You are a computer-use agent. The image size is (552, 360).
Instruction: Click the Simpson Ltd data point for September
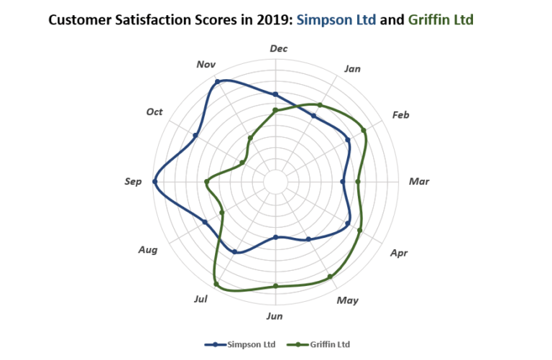point(155,182)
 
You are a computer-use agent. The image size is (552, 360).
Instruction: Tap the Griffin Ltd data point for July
point(216,285)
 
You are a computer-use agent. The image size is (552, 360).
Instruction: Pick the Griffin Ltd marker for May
point(330,277)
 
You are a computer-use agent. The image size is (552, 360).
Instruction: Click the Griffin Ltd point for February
point(364,130)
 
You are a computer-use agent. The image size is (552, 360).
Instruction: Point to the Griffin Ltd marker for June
point(275,286)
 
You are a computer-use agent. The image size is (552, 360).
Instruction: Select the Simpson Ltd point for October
point(195,135)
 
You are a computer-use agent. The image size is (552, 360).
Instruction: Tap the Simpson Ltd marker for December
point(275,94)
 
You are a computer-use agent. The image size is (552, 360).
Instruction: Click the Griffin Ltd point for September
point(206,182)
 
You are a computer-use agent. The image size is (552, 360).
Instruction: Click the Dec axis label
point(278,48)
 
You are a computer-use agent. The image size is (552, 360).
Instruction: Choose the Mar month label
point(418,181)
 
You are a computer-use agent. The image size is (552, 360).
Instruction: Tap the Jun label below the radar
point(274,316)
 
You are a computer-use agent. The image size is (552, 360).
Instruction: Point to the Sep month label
point(133,182)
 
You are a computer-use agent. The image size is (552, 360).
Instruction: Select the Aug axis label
point(148,250)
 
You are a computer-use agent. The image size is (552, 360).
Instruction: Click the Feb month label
point(400,115)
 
